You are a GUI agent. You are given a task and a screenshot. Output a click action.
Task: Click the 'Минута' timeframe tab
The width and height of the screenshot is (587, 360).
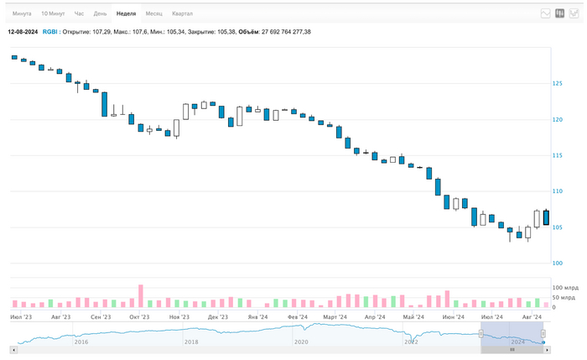(22, 13)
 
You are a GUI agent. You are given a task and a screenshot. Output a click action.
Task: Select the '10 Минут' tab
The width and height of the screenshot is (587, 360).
(52, 13)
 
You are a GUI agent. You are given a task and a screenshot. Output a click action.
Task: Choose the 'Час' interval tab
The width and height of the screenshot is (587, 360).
(79, 13)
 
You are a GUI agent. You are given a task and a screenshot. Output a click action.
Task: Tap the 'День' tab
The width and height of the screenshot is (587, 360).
(100, 13)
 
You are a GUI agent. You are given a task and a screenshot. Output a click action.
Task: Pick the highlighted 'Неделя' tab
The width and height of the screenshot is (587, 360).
(126, 13)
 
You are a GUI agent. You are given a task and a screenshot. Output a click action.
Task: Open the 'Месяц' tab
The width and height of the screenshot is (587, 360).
(153, 13)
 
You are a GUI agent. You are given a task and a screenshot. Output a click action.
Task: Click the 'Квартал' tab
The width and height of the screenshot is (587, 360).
(182, 13)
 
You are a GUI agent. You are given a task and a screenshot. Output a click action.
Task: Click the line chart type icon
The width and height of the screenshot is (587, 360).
(546, 13)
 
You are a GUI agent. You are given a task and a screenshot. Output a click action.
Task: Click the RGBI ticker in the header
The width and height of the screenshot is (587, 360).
(50, 32)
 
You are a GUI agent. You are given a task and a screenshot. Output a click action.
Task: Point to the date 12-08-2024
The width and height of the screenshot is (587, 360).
(23, 32)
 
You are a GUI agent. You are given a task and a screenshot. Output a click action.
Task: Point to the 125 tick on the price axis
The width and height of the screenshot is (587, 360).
(557, 83)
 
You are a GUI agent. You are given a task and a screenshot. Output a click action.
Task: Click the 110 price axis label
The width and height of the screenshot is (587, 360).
(557, 191)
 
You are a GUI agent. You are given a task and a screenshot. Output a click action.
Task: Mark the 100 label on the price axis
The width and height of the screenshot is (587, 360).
(557, 263)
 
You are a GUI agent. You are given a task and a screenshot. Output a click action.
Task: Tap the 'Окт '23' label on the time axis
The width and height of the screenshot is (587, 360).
(139, 317)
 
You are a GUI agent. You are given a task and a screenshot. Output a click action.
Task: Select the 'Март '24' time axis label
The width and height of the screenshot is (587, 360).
(335, 317)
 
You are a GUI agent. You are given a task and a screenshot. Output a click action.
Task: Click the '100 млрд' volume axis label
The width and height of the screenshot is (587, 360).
(564, 288)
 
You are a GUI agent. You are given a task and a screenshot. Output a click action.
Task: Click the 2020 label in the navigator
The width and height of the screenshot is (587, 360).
(301, 342)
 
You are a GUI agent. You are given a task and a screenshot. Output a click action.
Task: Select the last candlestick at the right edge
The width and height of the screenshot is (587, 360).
(546, 217)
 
